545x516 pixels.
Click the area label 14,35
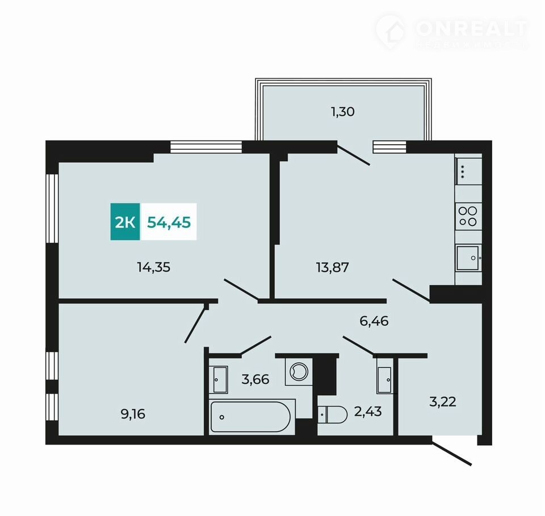(x=154, y=268)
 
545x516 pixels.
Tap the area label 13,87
(x=333, y=268)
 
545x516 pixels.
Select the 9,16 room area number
(x=133, y=414)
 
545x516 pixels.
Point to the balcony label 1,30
(x=343, y=112)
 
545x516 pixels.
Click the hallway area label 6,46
(x=374, y=321)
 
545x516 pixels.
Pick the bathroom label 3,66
(x=255, y=379)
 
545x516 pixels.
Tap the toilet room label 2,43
(x=368, y=412)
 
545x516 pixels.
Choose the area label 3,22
(x=443, y=402)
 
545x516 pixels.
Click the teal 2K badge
(x=125, y=222)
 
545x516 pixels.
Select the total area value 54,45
(x=169, y=222)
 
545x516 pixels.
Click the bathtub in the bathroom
(x=250, y=417)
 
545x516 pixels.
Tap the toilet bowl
(x=333, y=415)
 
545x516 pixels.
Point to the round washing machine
(x=299, y=371)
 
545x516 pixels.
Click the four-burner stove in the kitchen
(x=468, y=217)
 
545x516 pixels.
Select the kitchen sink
(x=468, y=258)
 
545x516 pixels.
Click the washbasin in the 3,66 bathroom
(x=220, y=379)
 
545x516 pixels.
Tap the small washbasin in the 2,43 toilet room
(x=385, y=380)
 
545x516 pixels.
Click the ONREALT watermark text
(x=472, y=28)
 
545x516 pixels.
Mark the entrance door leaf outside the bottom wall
(x=451, y=453)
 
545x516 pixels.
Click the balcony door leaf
(x=353, y=155)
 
